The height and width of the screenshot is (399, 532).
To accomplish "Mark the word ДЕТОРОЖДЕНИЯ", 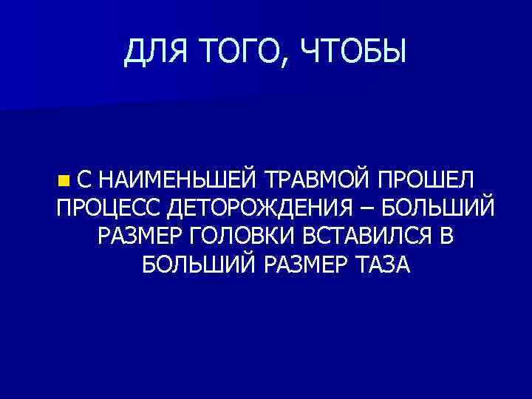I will tap(267, 208).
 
